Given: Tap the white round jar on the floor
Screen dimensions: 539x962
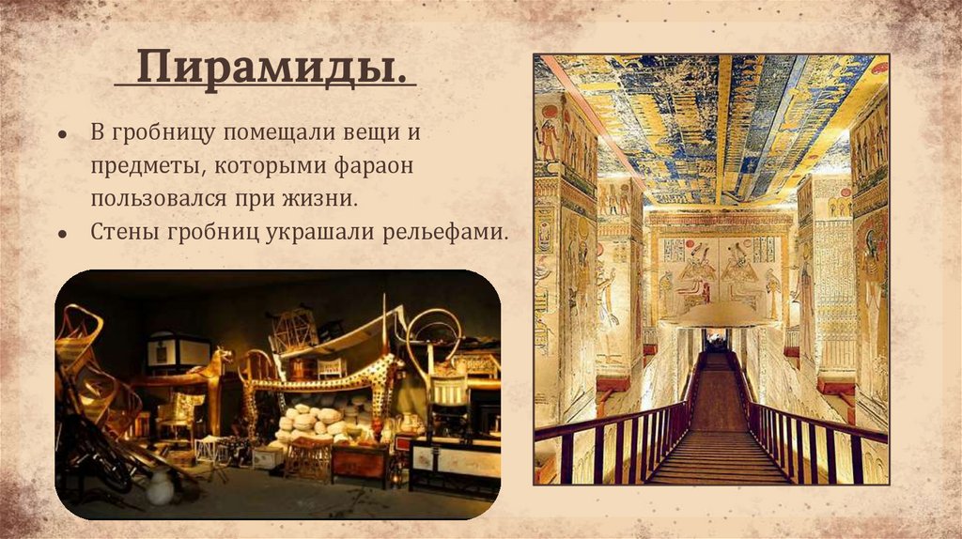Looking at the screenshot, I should point(162,485).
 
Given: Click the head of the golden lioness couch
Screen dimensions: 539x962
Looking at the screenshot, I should point(222,359).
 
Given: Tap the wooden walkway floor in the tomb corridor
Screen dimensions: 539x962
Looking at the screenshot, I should point(718,451).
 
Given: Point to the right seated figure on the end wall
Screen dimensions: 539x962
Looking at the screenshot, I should point(741,277).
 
